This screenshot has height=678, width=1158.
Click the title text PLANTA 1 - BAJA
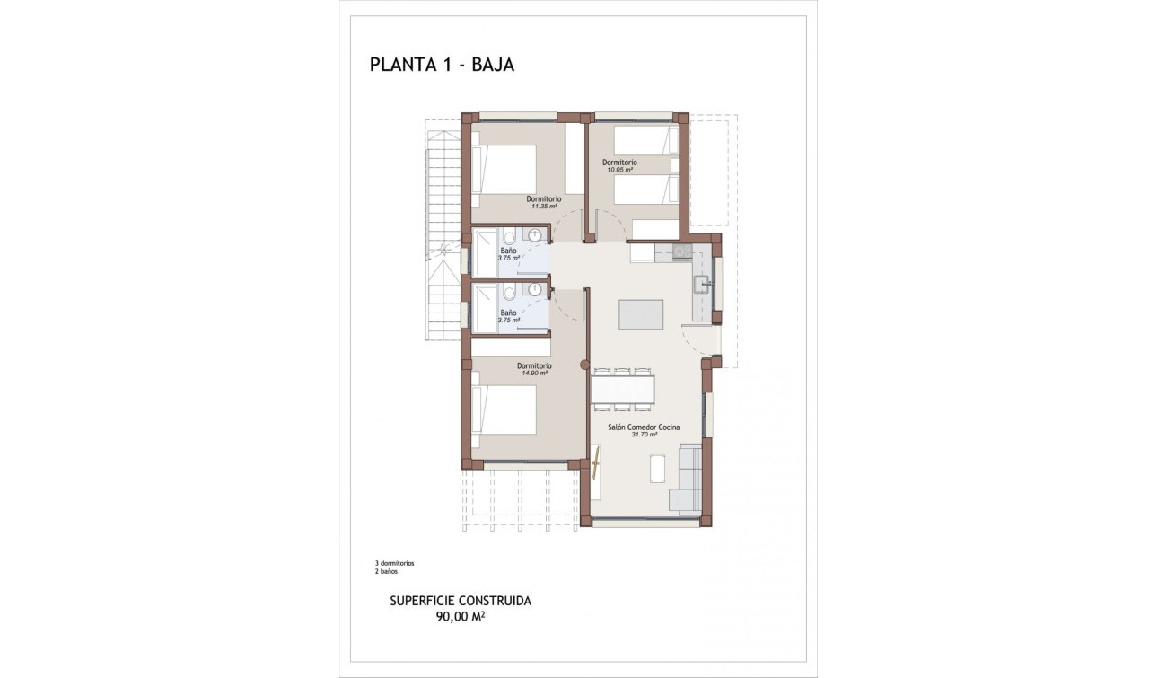pos(442,65)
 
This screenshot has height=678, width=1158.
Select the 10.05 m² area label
pos(618,170)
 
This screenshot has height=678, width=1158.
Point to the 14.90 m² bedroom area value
pos(534,374)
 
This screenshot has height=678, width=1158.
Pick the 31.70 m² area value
pos(644,435)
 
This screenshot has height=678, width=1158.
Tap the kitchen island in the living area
pos(641,315)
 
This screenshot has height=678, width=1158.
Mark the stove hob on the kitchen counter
pos(682,251)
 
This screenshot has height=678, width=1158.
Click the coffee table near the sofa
pos(657,468)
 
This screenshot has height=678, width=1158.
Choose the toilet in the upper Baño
pos(509,238)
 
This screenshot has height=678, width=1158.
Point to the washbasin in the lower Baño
pos(536,290)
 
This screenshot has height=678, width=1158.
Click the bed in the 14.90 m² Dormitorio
pos(504,409)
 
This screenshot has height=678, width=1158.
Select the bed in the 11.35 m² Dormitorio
pos(504,169)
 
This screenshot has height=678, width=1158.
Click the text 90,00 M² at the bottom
pos(461,616)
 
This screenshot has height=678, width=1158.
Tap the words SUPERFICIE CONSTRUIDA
pos(461,601)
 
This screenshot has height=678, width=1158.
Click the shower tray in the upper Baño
pos(485,253)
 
